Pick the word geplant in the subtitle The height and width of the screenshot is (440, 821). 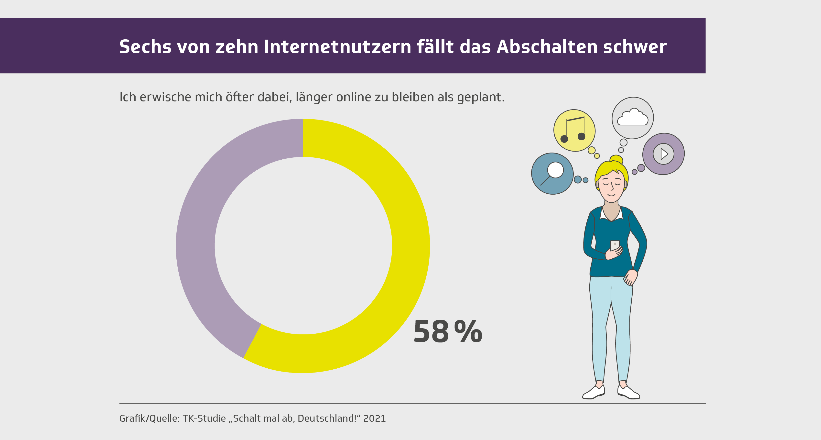coord(480,97)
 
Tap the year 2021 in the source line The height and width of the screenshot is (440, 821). coord(375,418)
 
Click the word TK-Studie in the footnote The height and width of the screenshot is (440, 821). coord(204,418)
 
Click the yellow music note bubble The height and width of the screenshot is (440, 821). coord(574,130)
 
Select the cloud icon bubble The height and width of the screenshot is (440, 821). coord(633,118)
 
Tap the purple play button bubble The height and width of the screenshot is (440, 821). coord(663,154)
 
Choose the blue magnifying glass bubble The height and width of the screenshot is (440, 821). coord(552,174)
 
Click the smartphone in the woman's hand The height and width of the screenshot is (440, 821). coord(615,245)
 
